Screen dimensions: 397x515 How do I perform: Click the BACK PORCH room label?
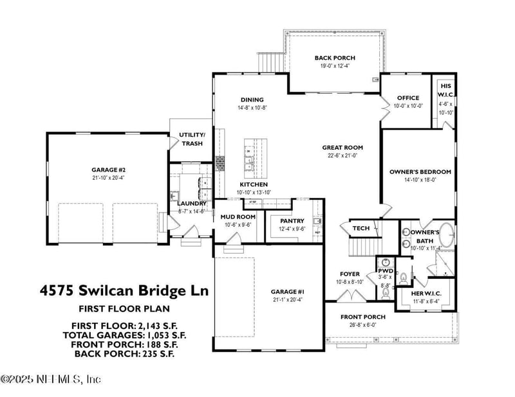click(334, 58)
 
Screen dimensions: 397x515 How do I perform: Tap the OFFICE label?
click(408, 98)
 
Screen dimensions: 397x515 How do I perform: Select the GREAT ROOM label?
click(343, 147)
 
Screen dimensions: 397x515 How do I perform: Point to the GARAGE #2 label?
click(104, 170)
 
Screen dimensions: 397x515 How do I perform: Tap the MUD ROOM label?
click(238, 217)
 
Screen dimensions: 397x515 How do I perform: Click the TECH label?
click(360, 228)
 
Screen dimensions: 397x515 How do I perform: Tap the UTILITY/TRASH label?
click(191, 139)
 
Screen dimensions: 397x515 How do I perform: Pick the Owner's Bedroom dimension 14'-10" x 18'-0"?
click(420, 181)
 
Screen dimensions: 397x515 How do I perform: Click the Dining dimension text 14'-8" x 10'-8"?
click(252, 108)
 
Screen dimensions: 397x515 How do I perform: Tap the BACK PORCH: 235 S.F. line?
click(124, 353)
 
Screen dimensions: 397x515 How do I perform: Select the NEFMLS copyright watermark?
click(51, 379)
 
